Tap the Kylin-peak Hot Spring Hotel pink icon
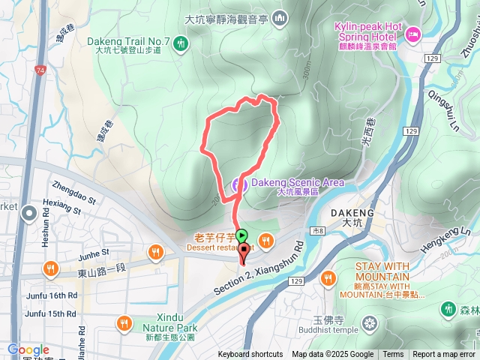[x=413, y=33]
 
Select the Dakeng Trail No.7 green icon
[x=180, y=45]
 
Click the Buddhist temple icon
[x=369, y=324]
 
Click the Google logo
[x=28, y=349]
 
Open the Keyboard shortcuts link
[x=250, y=355]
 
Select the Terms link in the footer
[x=393, y=355]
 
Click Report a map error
[x=445, y=355]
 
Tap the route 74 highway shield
[x=40, y=70]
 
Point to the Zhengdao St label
[x=73, y=191]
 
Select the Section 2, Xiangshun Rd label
[x=260, y=268]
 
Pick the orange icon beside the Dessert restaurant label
[x=268, y=241]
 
